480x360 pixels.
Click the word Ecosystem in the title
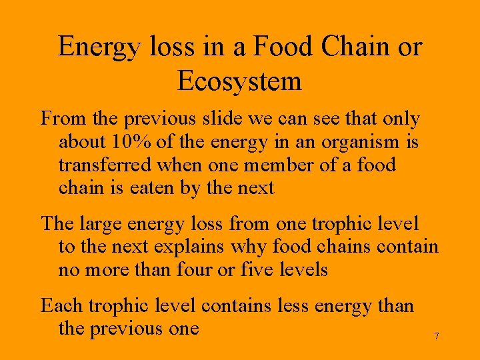[239, 82]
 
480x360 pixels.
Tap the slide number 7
[437, 336]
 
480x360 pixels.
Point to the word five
[258, 269]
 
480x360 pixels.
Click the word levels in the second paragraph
[304, 269]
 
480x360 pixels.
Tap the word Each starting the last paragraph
[62, 306]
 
